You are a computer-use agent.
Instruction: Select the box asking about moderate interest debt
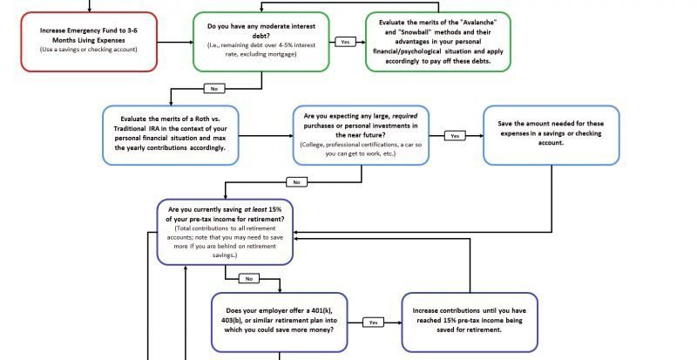[261, 40]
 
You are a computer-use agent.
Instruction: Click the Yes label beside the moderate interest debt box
[345, 42]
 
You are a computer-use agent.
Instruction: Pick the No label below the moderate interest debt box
[214, 88]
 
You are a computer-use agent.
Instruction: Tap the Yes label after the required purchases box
[454, 136]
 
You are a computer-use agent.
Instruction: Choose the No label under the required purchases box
[295, 182]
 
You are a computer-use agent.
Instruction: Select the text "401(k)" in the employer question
[328, 310]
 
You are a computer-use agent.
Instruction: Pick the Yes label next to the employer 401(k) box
[372, 322]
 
